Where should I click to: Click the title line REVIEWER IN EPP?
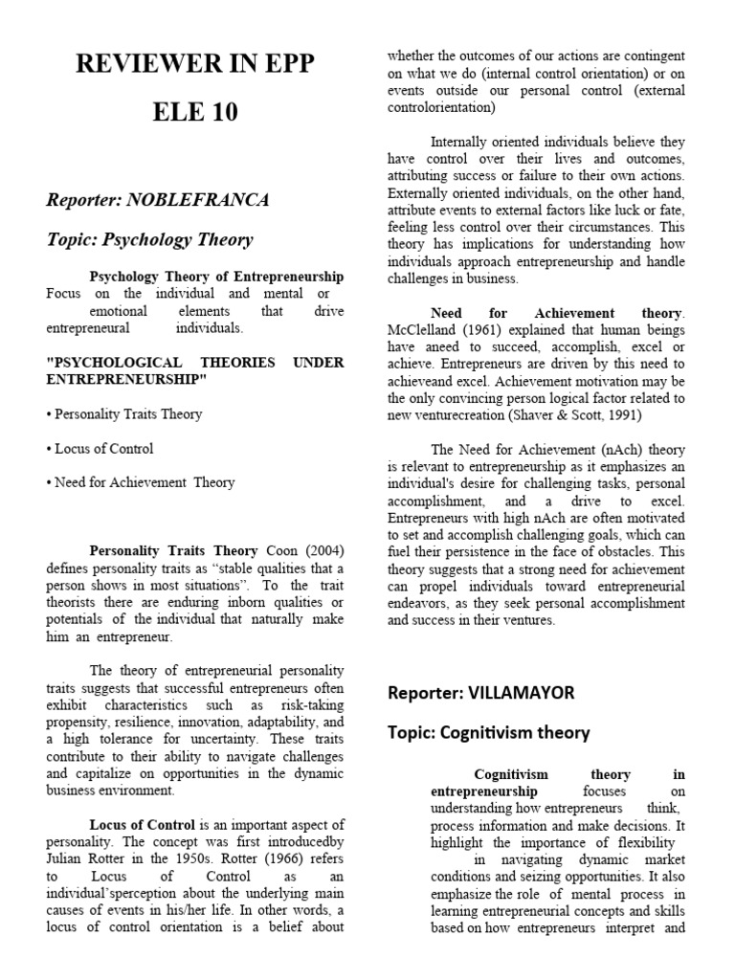[194, 63]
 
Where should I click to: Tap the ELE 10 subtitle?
[194, 112]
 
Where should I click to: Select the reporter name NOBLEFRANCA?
[202, 200]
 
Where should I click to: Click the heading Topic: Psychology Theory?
[149, 240]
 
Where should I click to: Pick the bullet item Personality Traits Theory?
[124, 414]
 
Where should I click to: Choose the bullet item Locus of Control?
[100, 448]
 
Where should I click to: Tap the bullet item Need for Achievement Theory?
[141, 482]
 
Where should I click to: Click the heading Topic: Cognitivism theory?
[488, 733]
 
